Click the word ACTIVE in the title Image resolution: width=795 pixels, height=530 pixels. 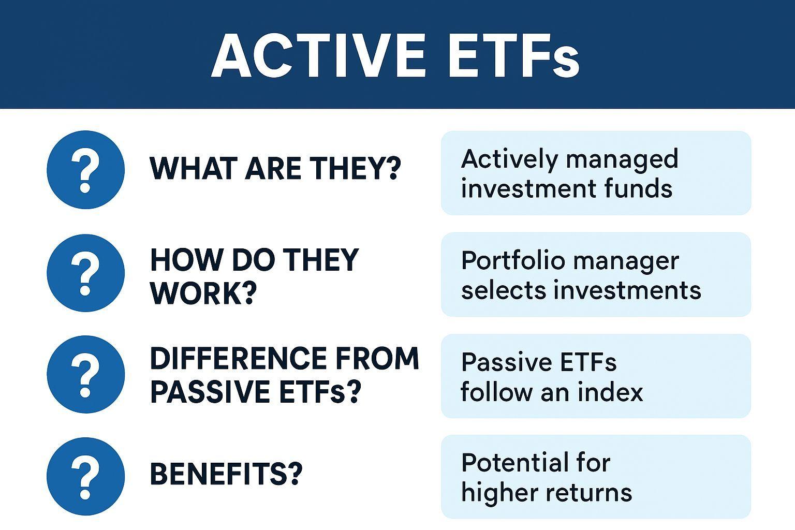coord(318,56)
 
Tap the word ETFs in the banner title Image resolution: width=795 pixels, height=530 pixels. coord(514,56)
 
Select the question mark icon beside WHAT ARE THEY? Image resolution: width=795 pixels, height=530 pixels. coord(85,170)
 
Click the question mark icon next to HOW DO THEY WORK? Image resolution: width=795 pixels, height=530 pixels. coord(85,273)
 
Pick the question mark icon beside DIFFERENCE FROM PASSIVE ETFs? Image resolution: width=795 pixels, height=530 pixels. coord(85,375)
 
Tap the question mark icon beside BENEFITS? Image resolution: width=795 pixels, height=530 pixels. coord(85,476)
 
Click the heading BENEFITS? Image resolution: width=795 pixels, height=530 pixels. coord(226,474)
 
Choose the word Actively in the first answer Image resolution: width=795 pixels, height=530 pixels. coord(510,159)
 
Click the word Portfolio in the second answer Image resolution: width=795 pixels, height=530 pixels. coord(513,261)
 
